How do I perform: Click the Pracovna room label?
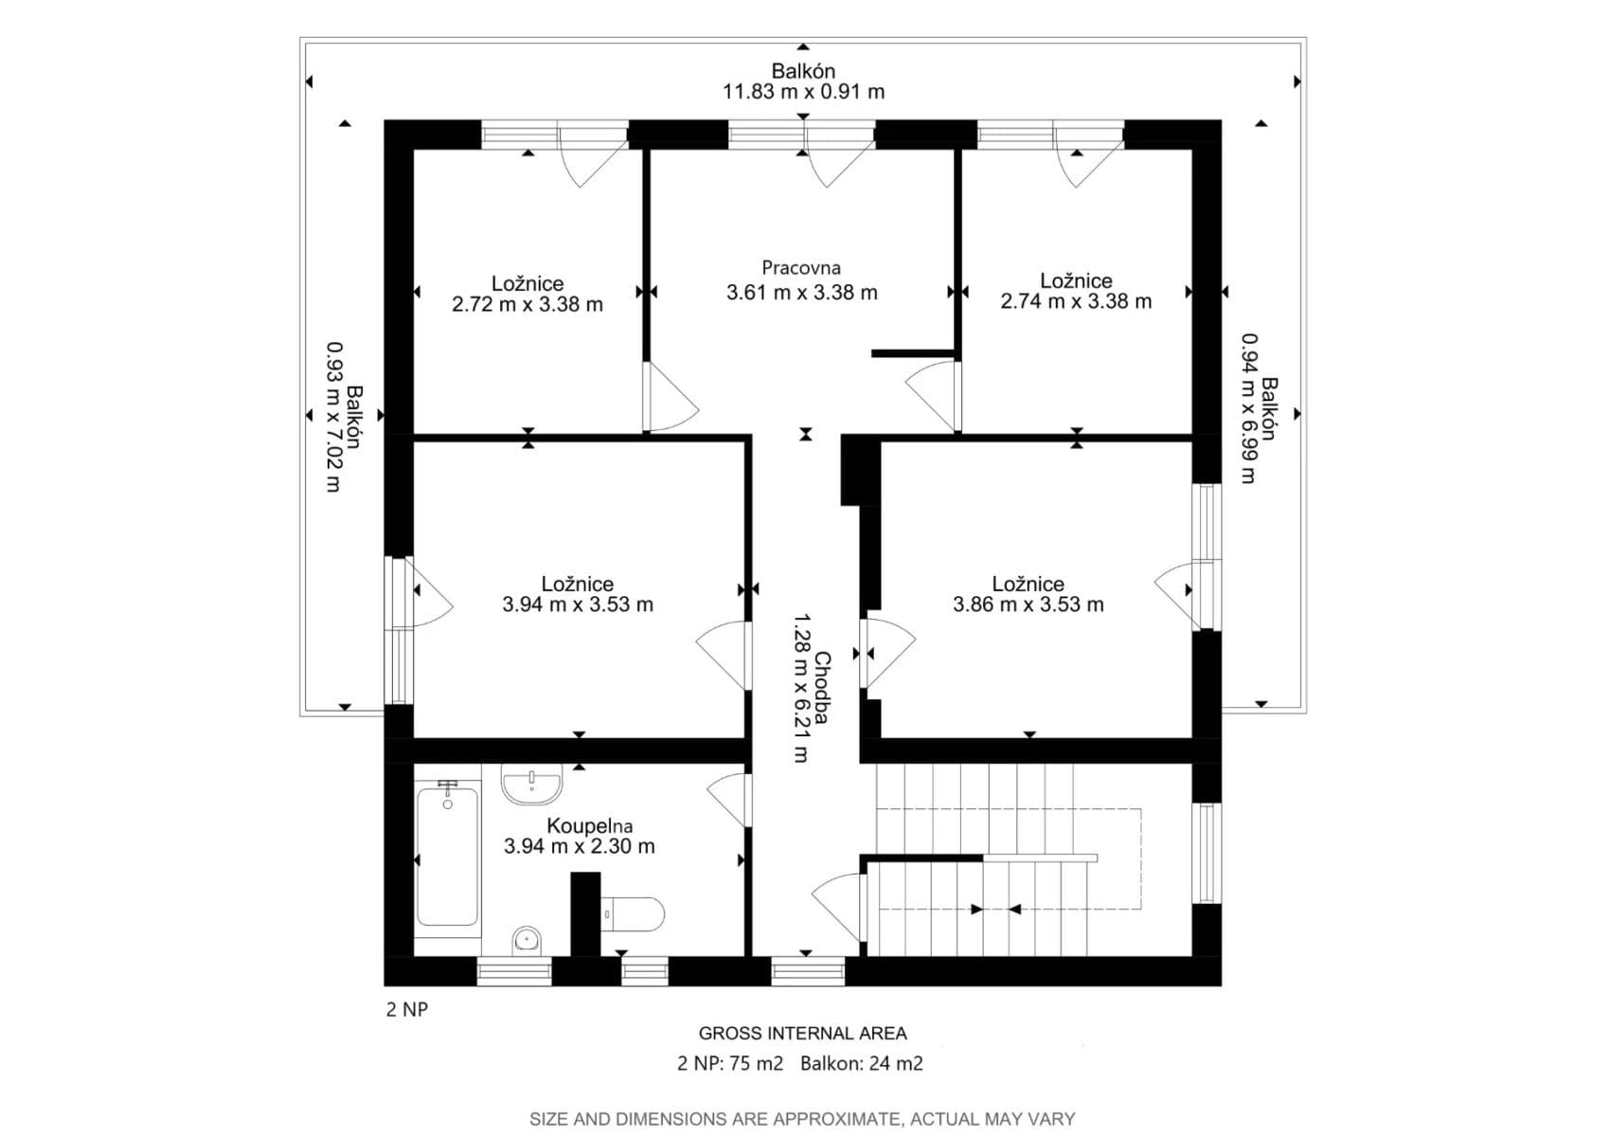[x=801, y=268]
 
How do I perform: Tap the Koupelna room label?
[x=589, y=826]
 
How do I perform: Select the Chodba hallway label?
[x=822, y=687]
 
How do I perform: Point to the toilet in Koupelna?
[x=632, y=914]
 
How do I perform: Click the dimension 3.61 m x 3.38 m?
[x=801, y=293]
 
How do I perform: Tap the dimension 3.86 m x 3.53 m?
[x=1028, y=605]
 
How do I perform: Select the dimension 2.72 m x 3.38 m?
[x=527, y=304]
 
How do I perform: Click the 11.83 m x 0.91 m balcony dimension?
[x=803, y=92]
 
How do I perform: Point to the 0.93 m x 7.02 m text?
[x=333, y=416]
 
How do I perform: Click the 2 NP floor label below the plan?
[x=407, y=1009]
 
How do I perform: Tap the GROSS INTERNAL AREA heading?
[x=802, y=1034]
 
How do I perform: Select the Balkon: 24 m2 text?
[x=861, y=1063]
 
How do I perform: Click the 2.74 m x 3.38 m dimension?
[x=1076, y=301]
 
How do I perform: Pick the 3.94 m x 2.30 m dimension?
[x=579, y=846]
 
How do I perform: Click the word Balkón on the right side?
[x=1269, y=408]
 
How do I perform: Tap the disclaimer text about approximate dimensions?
[x=802, y=1119]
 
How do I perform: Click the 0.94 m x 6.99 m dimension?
[x=1249, y=407]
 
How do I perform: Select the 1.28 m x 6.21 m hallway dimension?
[x=801, y=687]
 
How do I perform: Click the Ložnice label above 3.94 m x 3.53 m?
[x=578, y=585]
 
